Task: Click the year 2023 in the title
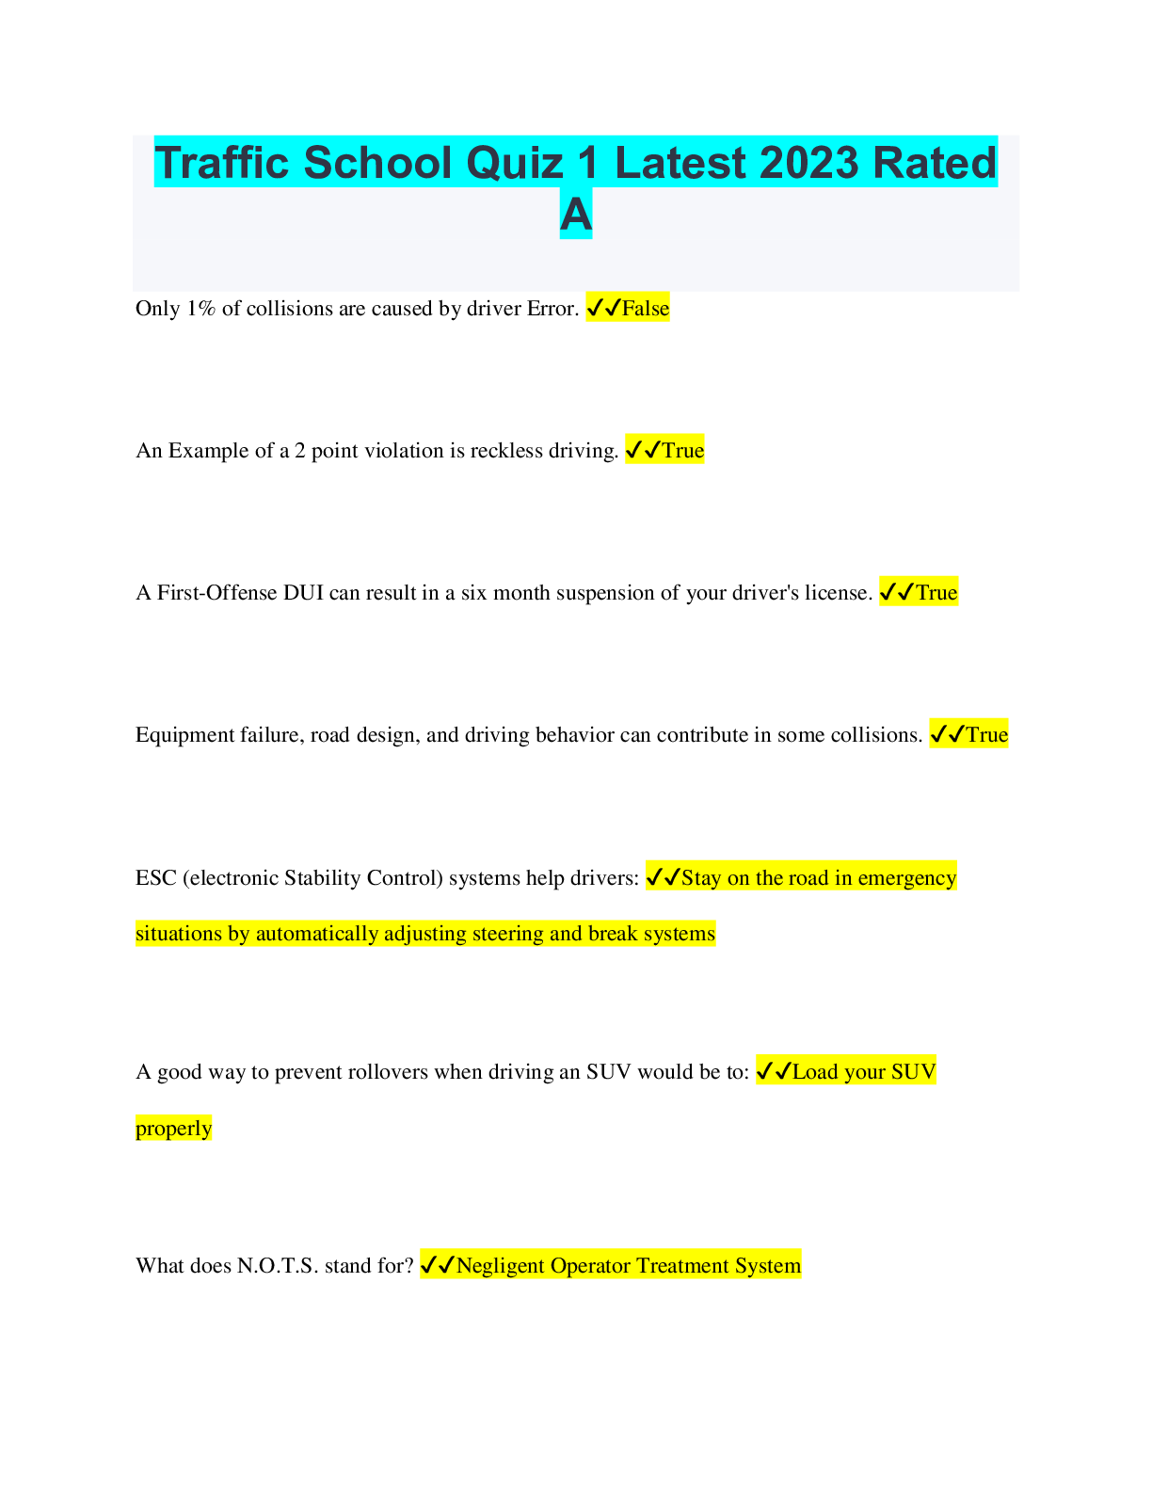[x=808, y=163]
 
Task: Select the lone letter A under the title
[x=576, y=215]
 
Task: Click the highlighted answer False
[x=646, y=309]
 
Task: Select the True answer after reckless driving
[x=682, y=451]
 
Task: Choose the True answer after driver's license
[x=936, y=593]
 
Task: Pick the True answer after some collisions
[x=986, y=735]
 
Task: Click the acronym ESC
[x=155, y=878]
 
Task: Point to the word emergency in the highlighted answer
[x=906, y=878]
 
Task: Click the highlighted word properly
[x=174, y=1129]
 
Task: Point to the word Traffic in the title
[x=222, y=163]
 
